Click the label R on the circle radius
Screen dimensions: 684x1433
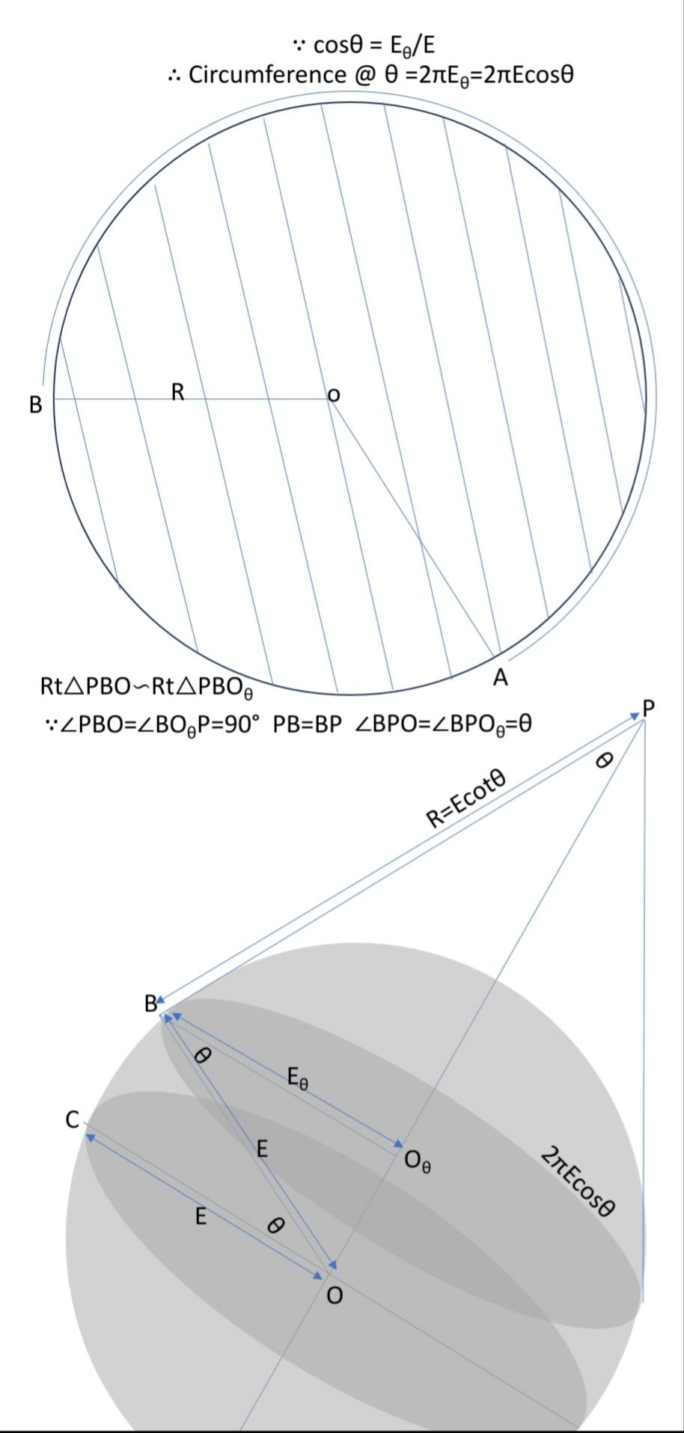click(x=177, y=391)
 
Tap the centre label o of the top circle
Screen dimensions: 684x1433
click(x=334, y=395)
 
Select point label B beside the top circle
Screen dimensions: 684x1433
click(x=35, y=404)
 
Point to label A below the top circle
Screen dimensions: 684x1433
click(x=501, y=678)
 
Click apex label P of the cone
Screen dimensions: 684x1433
click(x=648, y=707)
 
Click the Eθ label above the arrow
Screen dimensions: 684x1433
click(x=297, y=1079)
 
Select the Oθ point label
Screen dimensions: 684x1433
click(x=417, y=1161)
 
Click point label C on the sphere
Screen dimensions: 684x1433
click(x=73, y=1120)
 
